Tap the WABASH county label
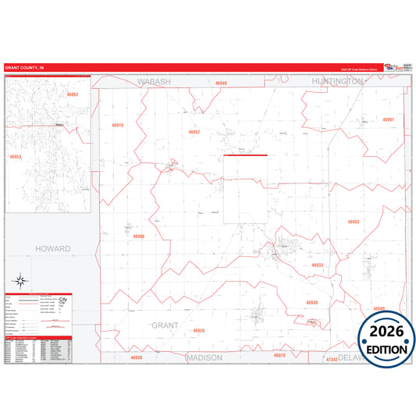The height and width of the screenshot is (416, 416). [x=154, y=81]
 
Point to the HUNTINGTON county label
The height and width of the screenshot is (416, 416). [x=336, y=81]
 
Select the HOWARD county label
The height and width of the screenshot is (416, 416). [x=52, y=249]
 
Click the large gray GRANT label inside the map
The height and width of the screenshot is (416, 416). [x=165, y=325]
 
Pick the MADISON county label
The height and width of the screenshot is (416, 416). [x=204, y=357]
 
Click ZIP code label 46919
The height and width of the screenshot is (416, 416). [x=118, y=125]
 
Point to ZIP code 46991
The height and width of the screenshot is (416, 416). [x=388, y=119]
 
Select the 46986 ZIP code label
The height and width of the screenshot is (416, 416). [x=138, y=236]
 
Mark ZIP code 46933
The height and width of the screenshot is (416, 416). [x=317, y=265]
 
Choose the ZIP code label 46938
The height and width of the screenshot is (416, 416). [x=311, y=302]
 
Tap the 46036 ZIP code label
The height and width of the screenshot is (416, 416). [x=137, y=357]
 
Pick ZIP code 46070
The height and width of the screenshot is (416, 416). [x=279, y=355]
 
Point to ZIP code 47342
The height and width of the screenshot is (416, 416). [x=332, y=359]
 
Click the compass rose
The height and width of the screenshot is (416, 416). [x=22, y=282]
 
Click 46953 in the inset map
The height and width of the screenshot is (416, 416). [x=15, y=157]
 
